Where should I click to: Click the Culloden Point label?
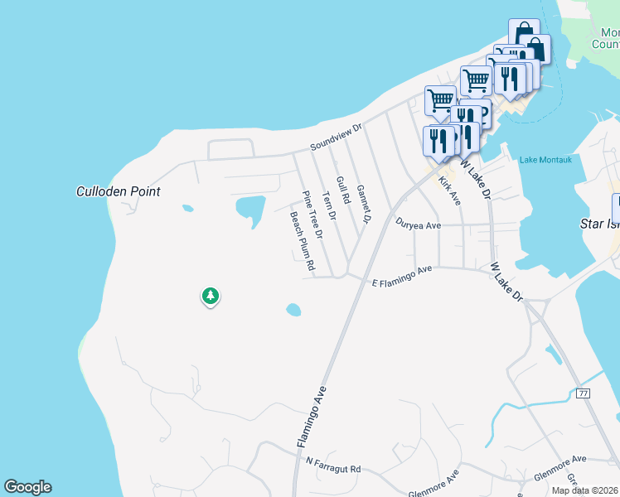[x=118, y=191]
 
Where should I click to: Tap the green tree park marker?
[x=211, y=296]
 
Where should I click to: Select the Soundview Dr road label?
[x=337, y=137]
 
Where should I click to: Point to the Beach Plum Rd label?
[x=302, y=241]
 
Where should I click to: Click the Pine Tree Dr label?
[x=312, y=215]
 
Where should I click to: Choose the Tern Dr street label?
[x=328, y=205]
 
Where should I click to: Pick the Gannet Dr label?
[x=363, y=202]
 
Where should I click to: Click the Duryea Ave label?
[x=418, y=224]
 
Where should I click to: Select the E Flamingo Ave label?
[x=403, y=277]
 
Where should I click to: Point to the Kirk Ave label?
[x=449, y=191]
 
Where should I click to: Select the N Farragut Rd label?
[x=333, y=465]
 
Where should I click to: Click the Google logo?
[x=27, y=487]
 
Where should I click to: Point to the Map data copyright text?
[x=586, y=490]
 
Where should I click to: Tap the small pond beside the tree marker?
[x=293, y=310]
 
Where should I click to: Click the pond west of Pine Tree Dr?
[x=249, y=206]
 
